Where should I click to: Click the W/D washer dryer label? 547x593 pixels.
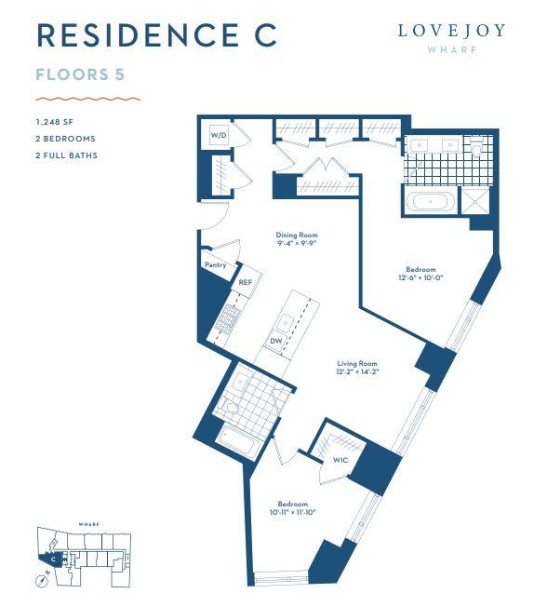[219, 135]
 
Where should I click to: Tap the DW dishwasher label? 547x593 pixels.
[276, 341]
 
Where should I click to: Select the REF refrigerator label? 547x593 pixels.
[246, 282]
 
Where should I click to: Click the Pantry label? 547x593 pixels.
[216, 264]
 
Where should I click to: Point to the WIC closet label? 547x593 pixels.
[340, 460]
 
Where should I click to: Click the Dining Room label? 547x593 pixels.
[297, 235]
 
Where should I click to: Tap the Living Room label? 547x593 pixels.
[357, 363]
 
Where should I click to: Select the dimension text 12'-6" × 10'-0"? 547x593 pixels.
[420, 277]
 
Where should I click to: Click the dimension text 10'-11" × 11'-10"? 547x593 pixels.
[293, 512]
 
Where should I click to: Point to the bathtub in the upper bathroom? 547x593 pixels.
[431, 201]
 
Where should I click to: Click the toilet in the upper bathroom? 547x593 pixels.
[476, 147]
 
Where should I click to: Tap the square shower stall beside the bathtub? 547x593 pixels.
[475, 201]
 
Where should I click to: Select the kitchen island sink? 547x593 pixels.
[285, 323]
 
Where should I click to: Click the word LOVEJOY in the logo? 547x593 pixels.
[452, 31]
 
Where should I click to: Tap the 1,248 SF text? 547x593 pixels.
[55, 122]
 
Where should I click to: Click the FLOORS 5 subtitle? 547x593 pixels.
[80, 74]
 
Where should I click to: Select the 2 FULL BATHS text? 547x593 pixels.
[67, 155]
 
